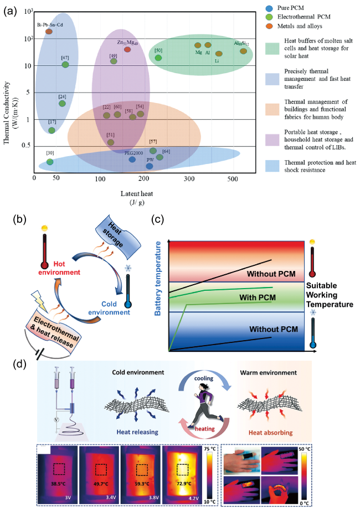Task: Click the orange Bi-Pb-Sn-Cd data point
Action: (49, 32)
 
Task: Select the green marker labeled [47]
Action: (65, 64)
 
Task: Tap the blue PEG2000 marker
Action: (132, 160)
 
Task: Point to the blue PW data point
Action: (150, 166)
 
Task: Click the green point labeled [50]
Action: (158, 58)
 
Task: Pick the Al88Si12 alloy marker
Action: (243, 51)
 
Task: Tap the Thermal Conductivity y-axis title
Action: (9, 92)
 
